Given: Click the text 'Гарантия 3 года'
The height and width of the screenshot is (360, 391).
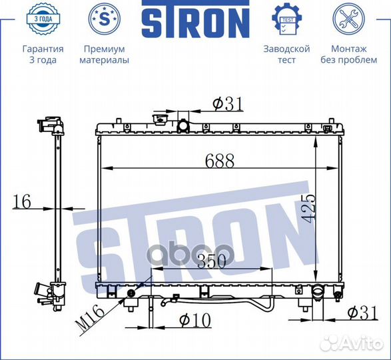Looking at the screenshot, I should pos(43,54).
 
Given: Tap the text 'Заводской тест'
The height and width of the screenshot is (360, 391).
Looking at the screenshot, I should pos(286,54).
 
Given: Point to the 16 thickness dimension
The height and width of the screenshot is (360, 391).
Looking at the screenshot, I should pos(23,202).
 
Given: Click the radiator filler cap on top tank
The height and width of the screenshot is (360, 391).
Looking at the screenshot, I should pos(159,120).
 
